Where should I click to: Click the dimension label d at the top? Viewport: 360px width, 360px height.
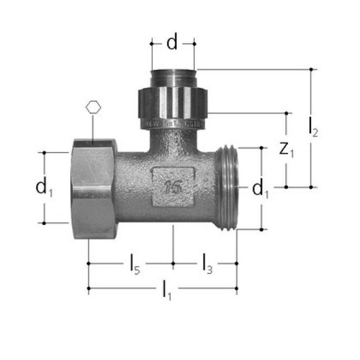[x=172, y=43]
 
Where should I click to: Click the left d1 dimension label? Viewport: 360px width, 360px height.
[x=44, y=187]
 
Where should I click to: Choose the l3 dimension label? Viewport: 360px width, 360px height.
[x=206, y=263]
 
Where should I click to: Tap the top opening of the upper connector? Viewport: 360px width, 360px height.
[x=173, y=71]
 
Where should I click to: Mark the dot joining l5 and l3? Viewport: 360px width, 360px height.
[x=173, y=263]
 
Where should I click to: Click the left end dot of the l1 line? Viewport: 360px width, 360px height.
[x=89, y=289]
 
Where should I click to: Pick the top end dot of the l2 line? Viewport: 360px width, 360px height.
[x=310, y=69]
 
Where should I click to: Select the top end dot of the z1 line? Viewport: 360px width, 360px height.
[x=286, y=113]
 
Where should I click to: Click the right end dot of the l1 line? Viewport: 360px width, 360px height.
[x=236, y=289]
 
